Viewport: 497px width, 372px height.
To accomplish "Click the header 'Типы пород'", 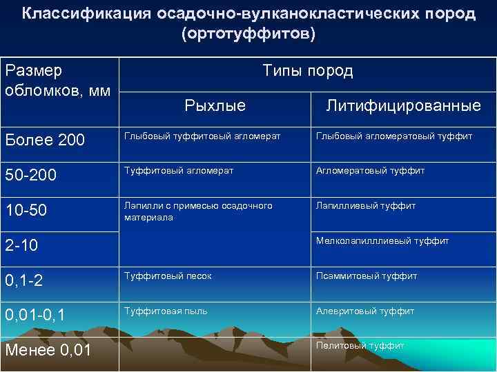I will (307, 71).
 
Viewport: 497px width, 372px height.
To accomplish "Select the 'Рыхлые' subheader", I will (215, 105).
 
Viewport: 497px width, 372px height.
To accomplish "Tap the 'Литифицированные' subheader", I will (403, 105).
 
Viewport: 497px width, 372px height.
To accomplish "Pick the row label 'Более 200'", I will (45, 140).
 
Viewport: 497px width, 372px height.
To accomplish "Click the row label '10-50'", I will (28, 209).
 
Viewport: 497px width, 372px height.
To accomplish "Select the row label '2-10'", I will (21, 245).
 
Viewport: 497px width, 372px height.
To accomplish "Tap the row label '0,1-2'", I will (25, 280).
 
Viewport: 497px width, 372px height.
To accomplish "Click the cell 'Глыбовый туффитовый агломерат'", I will (202, 136).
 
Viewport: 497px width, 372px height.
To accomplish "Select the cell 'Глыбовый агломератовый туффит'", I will (393, 136).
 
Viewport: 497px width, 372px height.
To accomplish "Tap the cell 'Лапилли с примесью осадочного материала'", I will (198, 211).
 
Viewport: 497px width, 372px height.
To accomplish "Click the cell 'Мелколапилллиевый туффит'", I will (382, 241).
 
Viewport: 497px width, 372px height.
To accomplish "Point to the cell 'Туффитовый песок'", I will (168, 276).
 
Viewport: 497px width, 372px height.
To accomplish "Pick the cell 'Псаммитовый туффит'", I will (366, 276).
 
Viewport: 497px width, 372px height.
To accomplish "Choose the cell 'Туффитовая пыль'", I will (166, 311).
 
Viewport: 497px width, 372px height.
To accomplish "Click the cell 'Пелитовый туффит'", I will (360, 346).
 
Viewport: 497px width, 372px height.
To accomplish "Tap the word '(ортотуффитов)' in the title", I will (248, 34).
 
